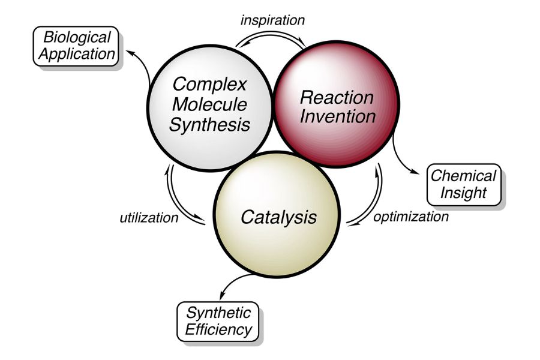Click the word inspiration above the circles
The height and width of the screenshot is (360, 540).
click(x=272, y=20)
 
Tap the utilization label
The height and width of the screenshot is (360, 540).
click(x=149, y=217)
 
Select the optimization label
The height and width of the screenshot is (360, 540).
click(x=410, y=217)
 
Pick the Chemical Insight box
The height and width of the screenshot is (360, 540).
click(x=463, y=184)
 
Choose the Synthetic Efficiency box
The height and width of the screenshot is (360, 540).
click(x=217, y=321)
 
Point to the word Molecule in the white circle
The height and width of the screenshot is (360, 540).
click(x=209, y=104)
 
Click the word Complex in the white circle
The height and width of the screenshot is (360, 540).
click(x=209, y=84)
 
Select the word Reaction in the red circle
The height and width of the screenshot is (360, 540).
click(x=337, y=97)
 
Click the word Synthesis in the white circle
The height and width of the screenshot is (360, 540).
click(x=209, y=125)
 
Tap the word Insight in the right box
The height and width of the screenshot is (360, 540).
click(x=463, y=193)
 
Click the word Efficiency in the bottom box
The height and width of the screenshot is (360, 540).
click(x=217, y=330)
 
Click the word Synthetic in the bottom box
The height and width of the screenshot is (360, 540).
click(x=217, y=313)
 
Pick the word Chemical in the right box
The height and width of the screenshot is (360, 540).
click(x=463, y=176)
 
